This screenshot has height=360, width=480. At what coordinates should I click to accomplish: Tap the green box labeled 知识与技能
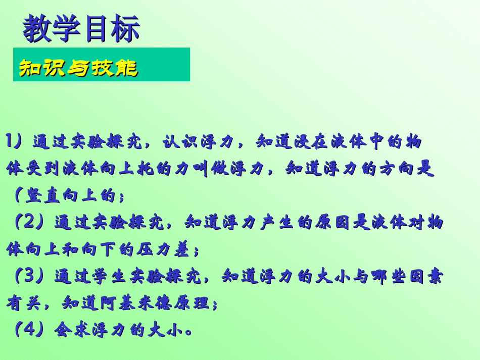click(101, 65)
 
